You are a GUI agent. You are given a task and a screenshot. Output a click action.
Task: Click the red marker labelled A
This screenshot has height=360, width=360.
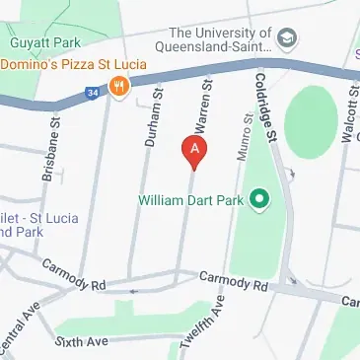tap(195, 151)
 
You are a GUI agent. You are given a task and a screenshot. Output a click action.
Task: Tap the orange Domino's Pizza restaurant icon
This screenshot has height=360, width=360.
tap(120, 85)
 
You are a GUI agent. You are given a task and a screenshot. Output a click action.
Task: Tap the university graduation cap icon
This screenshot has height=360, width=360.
tap(286, 38)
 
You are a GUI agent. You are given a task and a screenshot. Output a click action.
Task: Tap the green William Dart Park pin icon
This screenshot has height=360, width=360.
tap(259, 202)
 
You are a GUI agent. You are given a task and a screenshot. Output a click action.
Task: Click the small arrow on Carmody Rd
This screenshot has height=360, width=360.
tap(134, 291)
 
